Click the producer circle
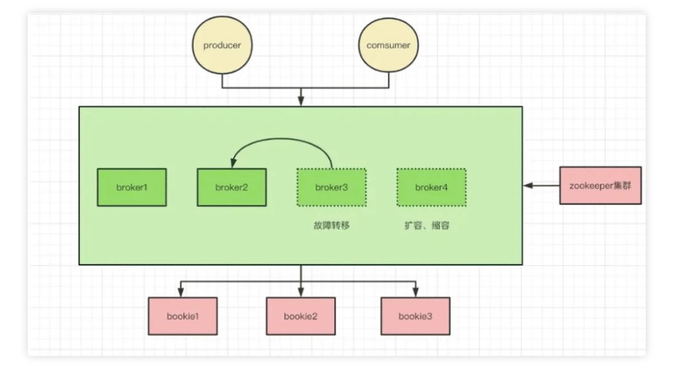coord(222,46)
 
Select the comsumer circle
coord(388,46)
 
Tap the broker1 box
coord(132,187)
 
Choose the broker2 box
coord(232,187)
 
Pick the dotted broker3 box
coord(331,187)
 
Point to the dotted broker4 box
coord(431,187)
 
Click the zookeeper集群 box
coord(601,185)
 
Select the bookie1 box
coord(183,316)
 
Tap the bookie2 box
coord(301,316)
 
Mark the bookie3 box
coord(415,316)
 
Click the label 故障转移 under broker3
coord(331,225)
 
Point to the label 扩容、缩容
coord(427,225)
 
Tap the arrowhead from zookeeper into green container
coord(528,186)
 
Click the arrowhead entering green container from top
coord(301,102)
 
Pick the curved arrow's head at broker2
coord(232,164)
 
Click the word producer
coord(222,46)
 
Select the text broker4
coord(431,187)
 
